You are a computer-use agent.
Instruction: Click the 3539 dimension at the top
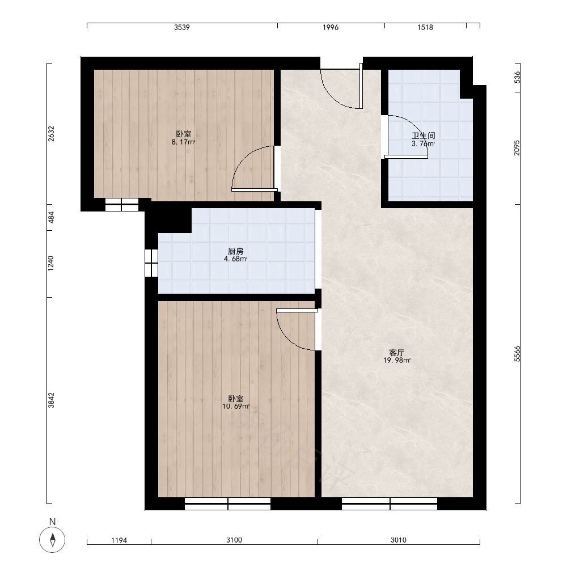coord(182,27)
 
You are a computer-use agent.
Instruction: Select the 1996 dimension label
coord(331,27)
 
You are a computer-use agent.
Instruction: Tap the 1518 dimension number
coord(425,27)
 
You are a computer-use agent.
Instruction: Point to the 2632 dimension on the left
coord(51,133)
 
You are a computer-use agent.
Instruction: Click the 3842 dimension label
coord(51,400)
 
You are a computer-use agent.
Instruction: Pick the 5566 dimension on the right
coord(517,354)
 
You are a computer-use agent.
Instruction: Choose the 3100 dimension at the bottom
coord(234,540)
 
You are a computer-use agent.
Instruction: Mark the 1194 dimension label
coord(119,540)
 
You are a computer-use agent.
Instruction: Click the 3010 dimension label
coord(399,540)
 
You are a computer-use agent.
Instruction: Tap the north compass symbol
coord(52,540)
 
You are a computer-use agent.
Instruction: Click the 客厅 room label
coord(397,353)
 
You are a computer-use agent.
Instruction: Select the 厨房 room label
coord(236,251)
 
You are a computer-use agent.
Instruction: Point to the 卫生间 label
coord(424,136)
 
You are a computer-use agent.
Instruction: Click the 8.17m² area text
coord(183,142)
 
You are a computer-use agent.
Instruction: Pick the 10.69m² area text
coord(236,407)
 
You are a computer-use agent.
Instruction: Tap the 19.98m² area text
coord(397,361)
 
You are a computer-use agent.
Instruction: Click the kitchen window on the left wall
coord(151,263)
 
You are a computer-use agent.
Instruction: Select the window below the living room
coord(390,503)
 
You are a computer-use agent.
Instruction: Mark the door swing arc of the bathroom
coord(417,126)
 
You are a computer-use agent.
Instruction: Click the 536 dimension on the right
coord(517,77)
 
